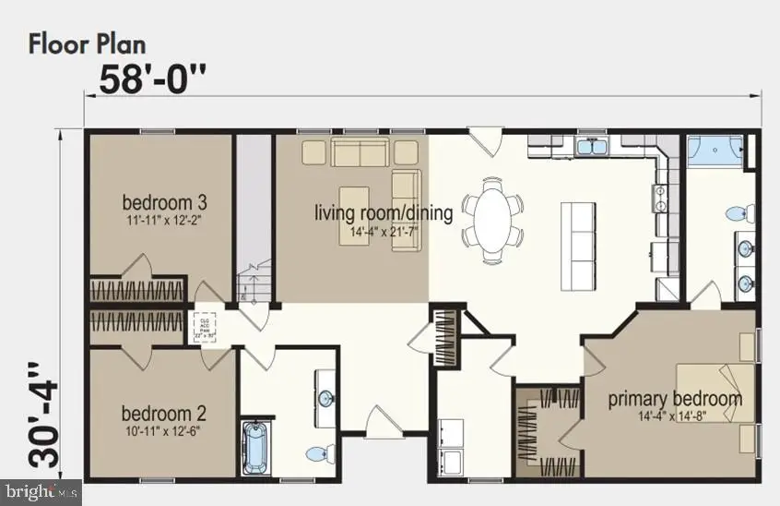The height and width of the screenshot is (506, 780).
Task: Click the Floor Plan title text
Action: [x=87, y=42]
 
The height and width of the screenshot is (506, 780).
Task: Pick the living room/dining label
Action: [x=384, y=214]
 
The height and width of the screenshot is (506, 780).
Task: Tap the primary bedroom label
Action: [x=674, y=399]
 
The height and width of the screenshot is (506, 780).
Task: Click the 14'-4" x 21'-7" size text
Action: [x=384, y=232]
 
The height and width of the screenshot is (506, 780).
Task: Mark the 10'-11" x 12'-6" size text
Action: [x=163, y=429]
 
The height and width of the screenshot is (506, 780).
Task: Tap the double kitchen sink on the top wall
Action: [x=590, y=147]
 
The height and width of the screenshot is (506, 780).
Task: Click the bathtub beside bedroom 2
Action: [x=254, y=448]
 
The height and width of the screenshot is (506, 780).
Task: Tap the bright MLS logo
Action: [x=28, y=493]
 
